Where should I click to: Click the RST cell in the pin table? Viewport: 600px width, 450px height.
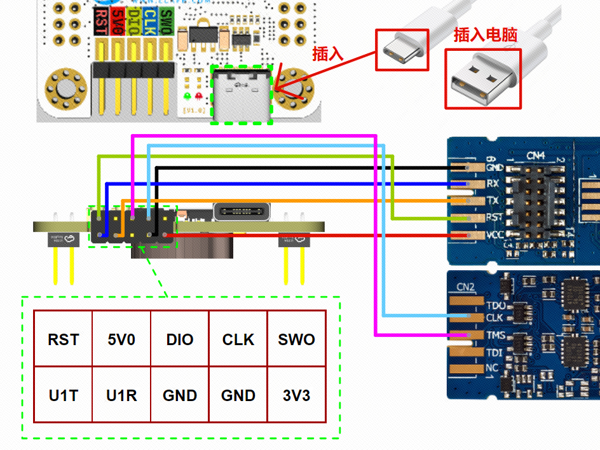[x=63, y=339]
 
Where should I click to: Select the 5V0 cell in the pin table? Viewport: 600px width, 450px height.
[x=121, y=339]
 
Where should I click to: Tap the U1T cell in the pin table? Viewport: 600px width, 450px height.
[x=63, y=395]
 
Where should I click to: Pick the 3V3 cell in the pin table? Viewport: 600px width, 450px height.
[x=296, y=395]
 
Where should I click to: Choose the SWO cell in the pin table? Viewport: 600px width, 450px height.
[x=296, y=339]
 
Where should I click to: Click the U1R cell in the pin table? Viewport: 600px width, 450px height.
[x=121, y=395]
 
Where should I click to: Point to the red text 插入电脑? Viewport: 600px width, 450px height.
[x=485, y=36]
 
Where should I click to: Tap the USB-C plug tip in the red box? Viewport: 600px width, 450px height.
[x=401, y=51]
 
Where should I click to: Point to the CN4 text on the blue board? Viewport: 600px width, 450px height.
[x=536, y=154]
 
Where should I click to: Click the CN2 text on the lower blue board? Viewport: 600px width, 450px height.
[x=466, y=287]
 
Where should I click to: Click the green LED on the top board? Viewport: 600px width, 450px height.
[x=187, y=96]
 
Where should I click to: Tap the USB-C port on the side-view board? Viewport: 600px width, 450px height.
[x=242, y=211]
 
